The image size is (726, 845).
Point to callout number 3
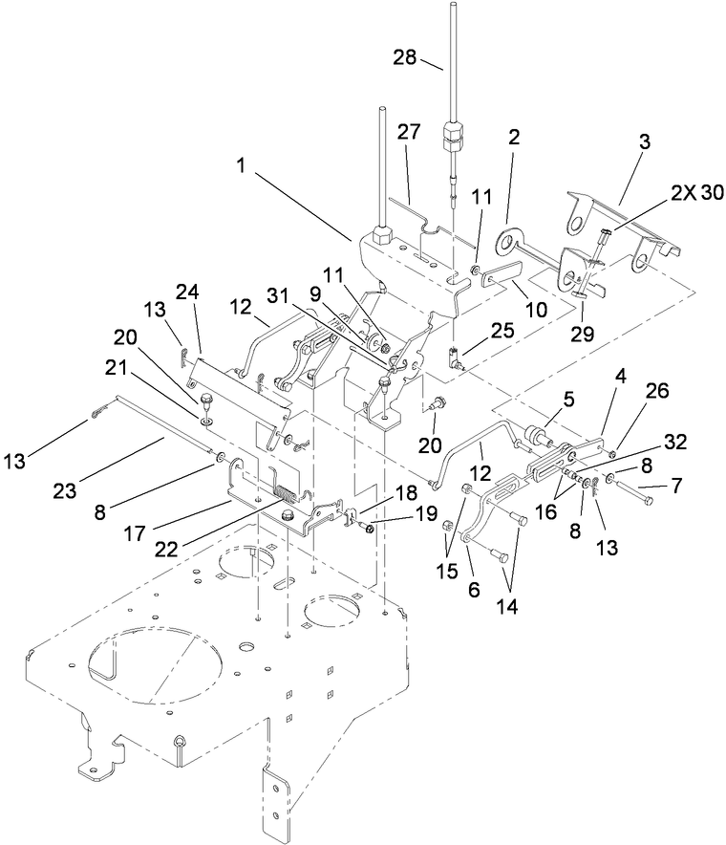(645, 141)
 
